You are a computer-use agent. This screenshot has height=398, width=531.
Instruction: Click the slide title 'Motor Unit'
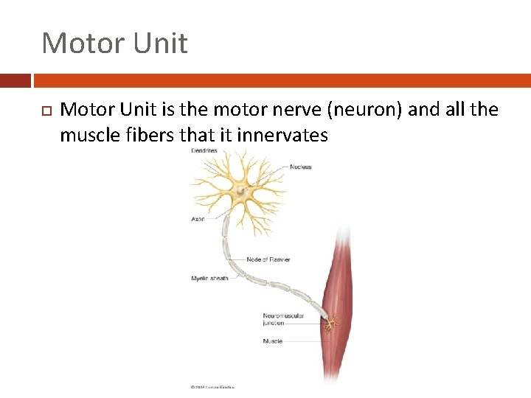(114, 43)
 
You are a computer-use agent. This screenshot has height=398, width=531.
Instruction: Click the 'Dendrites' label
(204, 150)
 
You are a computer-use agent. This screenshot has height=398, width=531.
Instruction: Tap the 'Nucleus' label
(300, 167)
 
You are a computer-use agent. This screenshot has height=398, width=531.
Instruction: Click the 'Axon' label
(198, 219)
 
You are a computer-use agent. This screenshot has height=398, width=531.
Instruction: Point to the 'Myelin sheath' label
(209, 279)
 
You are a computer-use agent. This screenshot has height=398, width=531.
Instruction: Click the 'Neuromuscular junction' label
(282, 319)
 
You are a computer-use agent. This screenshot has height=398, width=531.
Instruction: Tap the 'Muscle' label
(272, 341)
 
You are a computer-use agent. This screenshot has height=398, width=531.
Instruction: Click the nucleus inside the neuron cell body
(240, 192)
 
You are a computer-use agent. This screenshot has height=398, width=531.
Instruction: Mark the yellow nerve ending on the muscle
(332, 323)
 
